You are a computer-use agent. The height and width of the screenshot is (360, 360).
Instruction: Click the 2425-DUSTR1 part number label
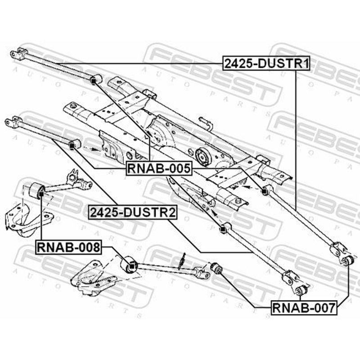tap(266, 63)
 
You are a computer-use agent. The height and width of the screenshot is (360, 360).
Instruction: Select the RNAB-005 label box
tap(159, 168)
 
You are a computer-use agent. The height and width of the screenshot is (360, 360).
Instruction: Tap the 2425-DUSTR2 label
tap(133, 212)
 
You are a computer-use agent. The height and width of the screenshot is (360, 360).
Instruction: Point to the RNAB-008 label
tap(68, 247)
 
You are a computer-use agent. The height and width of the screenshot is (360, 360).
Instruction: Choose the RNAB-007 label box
tap(304, 308)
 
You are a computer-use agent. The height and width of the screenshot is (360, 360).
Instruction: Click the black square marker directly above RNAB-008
tap(41, 194)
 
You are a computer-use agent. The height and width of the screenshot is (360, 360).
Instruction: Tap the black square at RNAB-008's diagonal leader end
tap(131, 266)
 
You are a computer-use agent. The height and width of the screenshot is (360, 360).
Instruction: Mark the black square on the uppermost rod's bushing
tap(93, 81)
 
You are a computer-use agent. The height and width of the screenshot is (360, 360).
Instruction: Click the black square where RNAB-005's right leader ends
tap(264, 191)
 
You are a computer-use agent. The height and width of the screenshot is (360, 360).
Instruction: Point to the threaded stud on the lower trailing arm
tap(182, 261)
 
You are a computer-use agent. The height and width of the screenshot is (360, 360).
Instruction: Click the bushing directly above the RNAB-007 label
tap(301, 290)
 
